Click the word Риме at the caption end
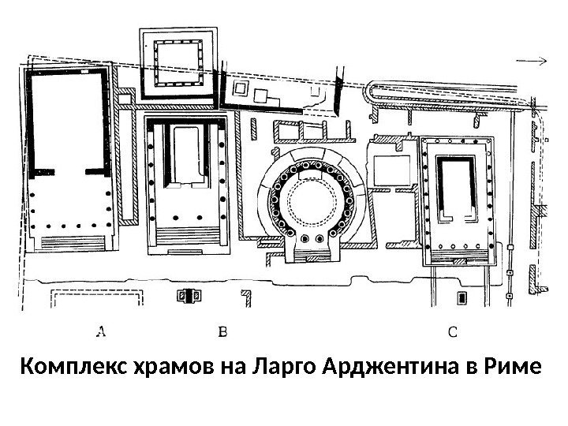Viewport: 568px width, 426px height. click(516, 368)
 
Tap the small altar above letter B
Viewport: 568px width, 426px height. click(189, 296)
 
